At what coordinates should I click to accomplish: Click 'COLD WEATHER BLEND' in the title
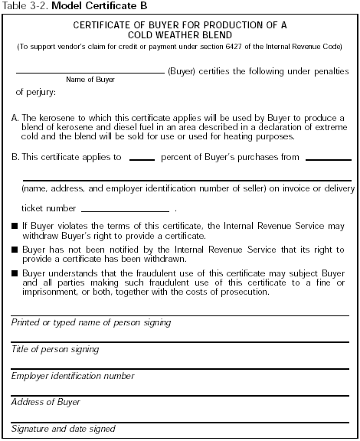[x=180, y=35]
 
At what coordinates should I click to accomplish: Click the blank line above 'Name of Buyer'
[x=90, y=72]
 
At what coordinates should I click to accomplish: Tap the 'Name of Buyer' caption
[x=85, y=80]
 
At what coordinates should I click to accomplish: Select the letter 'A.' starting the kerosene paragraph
[x=16, y=118]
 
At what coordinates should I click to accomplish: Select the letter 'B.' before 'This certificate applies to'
[x=16, y=157]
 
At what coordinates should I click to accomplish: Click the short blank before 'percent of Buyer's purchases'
[x=142, y=160]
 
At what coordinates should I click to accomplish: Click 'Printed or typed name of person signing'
[x=91, y=323]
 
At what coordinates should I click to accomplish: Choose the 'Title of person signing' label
[x=55, y=349]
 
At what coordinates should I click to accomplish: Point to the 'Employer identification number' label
[x=74, y=376]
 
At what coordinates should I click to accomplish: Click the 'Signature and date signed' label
[x=64, y=429]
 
